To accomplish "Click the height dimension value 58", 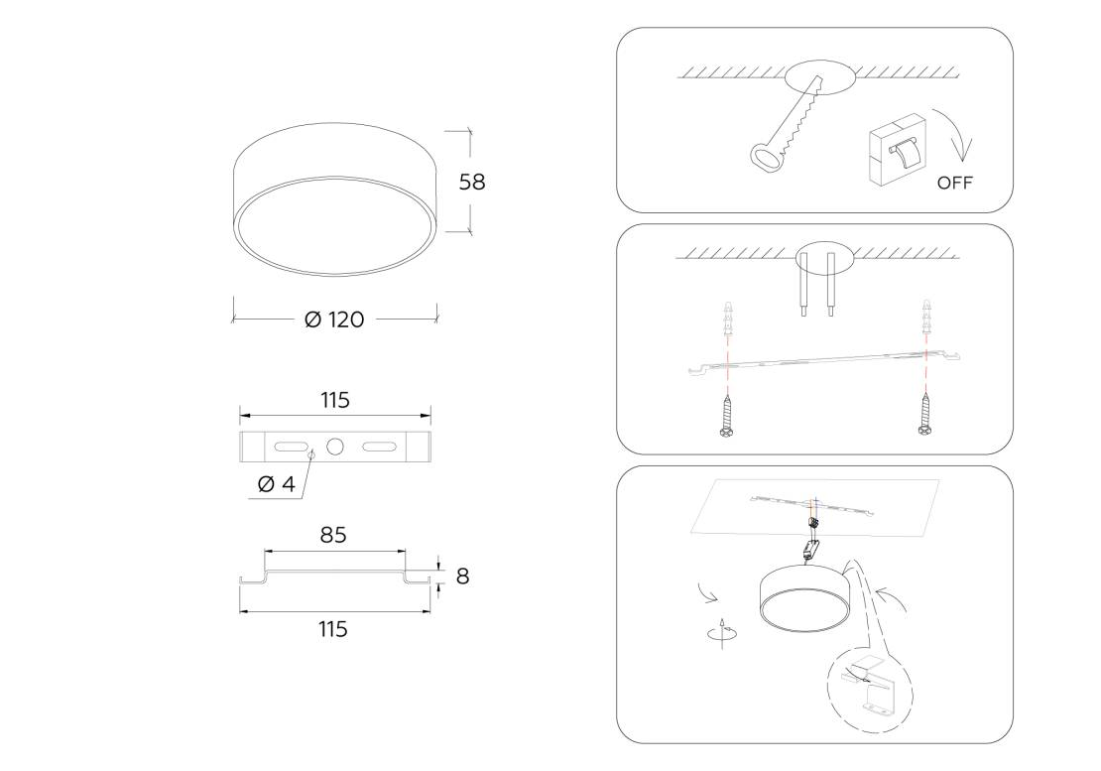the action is (472, 182).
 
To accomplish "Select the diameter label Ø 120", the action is (334, 320).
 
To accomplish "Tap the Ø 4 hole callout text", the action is (277, 484).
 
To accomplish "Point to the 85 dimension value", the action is (333, 535).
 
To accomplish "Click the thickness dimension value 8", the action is (462, 577).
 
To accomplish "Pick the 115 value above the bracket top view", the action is (335, 400).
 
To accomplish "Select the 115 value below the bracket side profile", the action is (333, 629).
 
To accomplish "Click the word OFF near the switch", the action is (955, 183).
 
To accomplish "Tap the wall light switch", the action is (897, 150).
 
